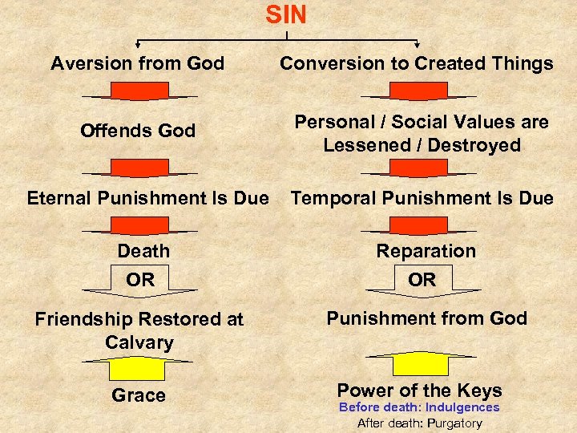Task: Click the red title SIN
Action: [286, 15]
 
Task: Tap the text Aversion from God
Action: [138, 63]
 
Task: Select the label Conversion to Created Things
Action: [417, 63]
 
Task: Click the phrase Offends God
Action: [138, 131]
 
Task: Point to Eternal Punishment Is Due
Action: [148, 198]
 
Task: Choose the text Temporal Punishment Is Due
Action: [422, 198]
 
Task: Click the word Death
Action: [143, 251]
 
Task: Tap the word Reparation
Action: [426, 251]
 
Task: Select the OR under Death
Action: [139, 279]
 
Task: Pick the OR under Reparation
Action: [422, 279]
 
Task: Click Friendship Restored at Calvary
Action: [139, 330]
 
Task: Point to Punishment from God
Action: [426, 318]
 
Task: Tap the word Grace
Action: [139, 395]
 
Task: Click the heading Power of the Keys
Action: [419, 391]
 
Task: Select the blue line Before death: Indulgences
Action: [419, 407]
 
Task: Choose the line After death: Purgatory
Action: [419, 423]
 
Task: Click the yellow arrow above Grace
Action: [139, 366]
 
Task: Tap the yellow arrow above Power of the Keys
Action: [420, 362]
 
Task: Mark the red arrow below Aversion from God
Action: [139, 91]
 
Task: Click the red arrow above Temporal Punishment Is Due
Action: [420, 168]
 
